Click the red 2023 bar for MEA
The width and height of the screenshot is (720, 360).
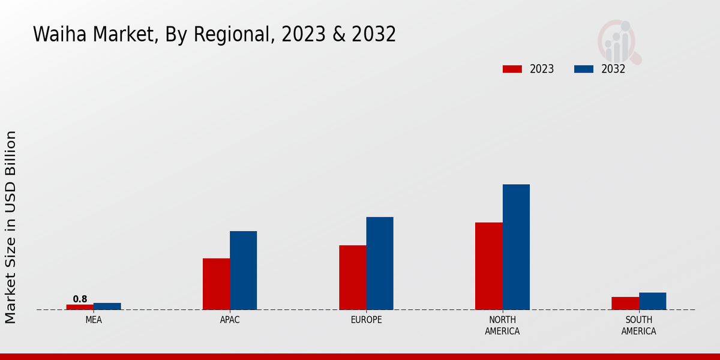(x=80, y=307)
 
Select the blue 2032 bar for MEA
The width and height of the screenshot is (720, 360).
(x=107, y=306)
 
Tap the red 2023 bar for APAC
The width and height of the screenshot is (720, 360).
(x=216, y=284)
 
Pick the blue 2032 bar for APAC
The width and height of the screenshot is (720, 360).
(x=243, y=270)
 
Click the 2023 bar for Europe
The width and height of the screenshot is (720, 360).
(x=352, y=277)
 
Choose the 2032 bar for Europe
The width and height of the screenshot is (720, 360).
(x=380, y=263)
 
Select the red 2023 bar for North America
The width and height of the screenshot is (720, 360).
(x=488, y=266)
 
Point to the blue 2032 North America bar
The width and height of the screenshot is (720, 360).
(x=516, y=247)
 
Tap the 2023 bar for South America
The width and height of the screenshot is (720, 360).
(x=625, y=303)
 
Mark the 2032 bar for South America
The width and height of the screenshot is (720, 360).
(x=652, y=301)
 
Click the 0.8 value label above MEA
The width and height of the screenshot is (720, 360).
(x=80, y=299)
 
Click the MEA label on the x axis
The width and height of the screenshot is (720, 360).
(x=94, y=320)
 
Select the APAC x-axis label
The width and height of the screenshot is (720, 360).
(x=230, y=320)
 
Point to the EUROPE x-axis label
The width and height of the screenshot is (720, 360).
(x=366, y=320)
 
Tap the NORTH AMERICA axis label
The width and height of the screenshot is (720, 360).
(x=502, y=325)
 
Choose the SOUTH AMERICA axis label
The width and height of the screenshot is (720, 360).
(x=638, y=325)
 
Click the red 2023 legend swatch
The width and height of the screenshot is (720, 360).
(x=512, y=69)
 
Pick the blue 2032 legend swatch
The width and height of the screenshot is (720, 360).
(x=584, y=69)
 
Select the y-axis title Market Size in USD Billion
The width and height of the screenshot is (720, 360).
(x=11, y=227)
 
